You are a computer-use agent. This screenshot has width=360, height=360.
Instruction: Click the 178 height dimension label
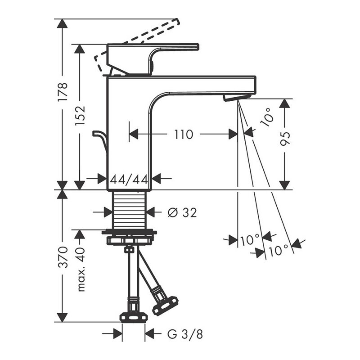63,92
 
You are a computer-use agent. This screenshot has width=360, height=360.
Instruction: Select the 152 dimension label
80,115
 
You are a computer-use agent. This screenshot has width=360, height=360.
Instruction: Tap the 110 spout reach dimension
184,135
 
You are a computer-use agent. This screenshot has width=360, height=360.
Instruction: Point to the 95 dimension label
285,139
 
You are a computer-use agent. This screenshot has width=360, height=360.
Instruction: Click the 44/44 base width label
129,180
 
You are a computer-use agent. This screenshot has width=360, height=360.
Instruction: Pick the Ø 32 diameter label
182,212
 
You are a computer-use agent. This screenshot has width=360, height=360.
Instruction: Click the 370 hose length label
63,257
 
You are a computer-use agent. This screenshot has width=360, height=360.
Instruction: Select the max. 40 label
81,269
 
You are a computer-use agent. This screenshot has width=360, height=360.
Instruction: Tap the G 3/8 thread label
185,334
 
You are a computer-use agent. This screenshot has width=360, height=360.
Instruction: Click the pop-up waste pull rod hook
100,140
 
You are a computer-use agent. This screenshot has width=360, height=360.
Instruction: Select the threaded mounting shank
129,210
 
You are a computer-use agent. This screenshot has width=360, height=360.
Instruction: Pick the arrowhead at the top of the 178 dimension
62,23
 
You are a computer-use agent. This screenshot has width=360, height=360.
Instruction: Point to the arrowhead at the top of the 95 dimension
284,103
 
